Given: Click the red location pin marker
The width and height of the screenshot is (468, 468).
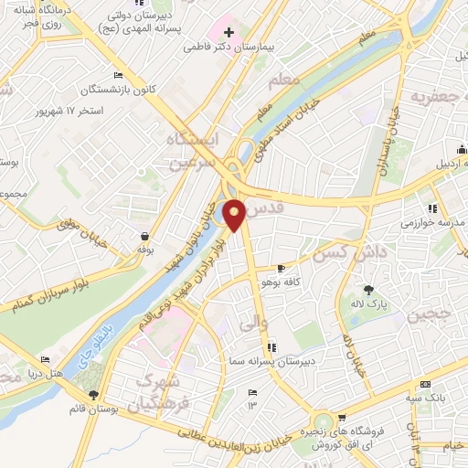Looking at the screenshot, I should pos(235,215).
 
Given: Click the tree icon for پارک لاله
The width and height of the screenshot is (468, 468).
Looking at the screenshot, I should pos(367,289).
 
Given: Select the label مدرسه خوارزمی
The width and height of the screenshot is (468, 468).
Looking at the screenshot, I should pos(432,223).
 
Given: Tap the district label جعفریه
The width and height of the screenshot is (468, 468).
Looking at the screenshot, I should pos(440,94).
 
